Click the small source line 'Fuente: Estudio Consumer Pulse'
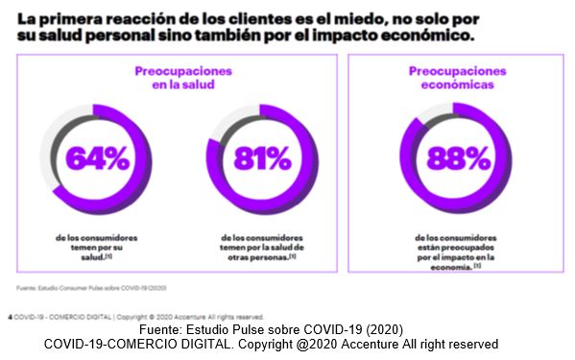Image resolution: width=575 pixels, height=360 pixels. click(82, 287)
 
